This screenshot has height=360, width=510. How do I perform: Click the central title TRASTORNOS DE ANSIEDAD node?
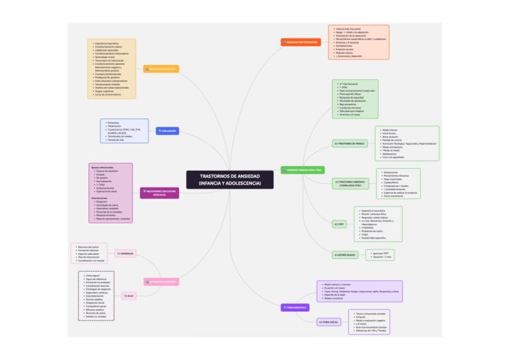point(230,179)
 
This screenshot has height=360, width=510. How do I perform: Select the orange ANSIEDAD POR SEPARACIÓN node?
point(301,42)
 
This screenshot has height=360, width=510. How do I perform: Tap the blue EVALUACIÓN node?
point(167,130)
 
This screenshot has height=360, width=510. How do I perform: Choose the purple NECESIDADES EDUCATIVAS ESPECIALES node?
point(159,193)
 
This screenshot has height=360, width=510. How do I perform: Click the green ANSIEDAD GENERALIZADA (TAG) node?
point(303,170)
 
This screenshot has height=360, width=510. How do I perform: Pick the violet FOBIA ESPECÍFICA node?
point(295,307)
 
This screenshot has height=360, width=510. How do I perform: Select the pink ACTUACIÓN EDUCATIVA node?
point(161,281)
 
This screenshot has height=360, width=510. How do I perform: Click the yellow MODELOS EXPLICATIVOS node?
point(161,69)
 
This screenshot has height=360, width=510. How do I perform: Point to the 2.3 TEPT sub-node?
point(340,224)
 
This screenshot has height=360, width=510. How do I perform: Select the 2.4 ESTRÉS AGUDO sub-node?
point(345,255)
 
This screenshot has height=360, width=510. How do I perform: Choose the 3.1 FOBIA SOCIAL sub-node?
point(329,322)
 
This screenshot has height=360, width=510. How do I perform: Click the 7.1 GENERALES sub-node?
point(125,254)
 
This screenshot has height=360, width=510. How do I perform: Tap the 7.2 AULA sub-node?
point(128,296)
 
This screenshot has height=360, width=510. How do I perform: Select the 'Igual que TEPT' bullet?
point(384,253)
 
